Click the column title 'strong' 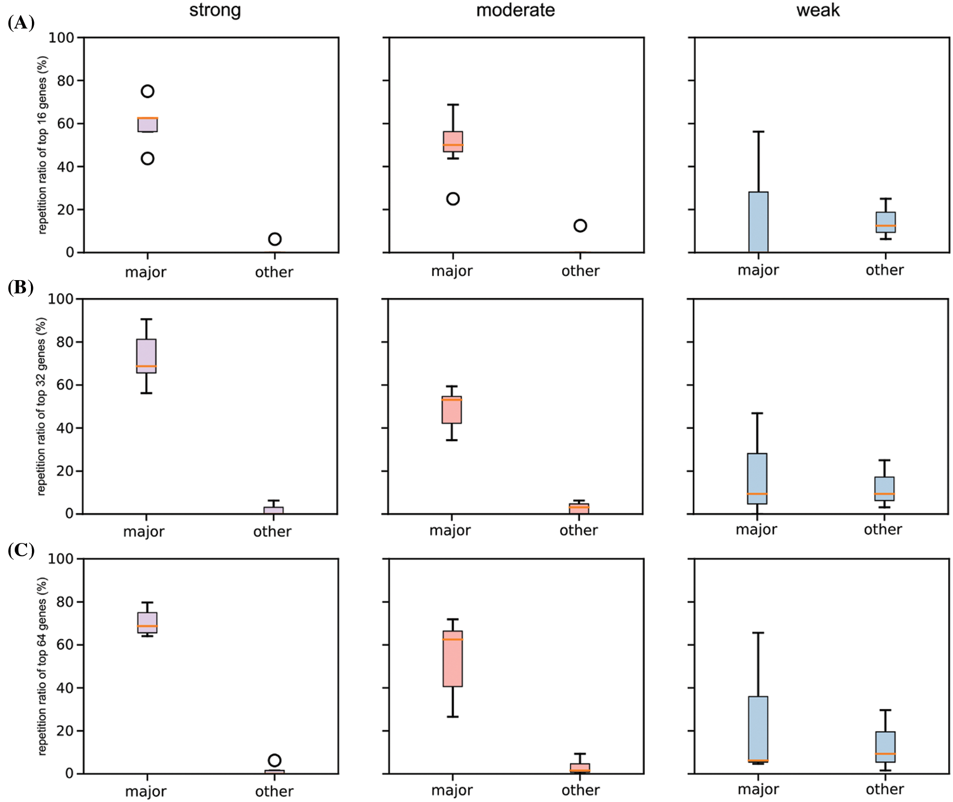tap(215, 10)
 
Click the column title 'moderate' tap(515, 10)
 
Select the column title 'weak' tap(817, 10)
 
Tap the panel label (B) tap(21, 287)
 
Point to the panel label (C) tap(21, 550)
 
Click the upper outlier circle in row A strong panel tap(147, 91)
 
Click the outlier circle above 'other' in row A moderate tap(580, 226)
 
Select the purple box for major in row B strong tap(146, 356)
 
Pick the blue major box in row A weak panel tap(758, 222)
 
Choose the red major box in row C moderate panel tap(452, 659)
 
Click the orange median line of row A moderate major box tap(452, 145)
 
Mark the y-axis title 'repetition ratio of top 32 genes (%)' tap(41, 406)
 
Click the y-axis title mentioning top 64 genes tap(42, 666)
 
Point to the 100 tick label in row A tap(61, 38)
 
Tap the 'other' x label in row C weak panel tap(884, 789)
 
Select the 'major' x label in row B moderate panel tap(450, 530)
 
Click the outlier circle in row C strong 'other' tap(275, 760)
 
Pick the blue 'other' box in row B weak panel tap(884, 488)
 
